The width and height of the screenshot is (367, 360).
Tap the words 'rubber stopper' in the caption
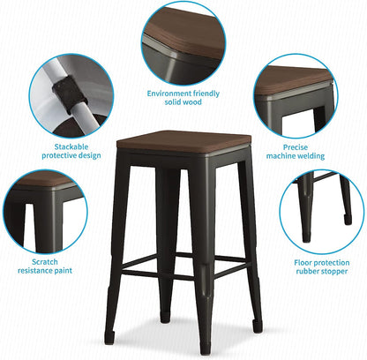(321, 273)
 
